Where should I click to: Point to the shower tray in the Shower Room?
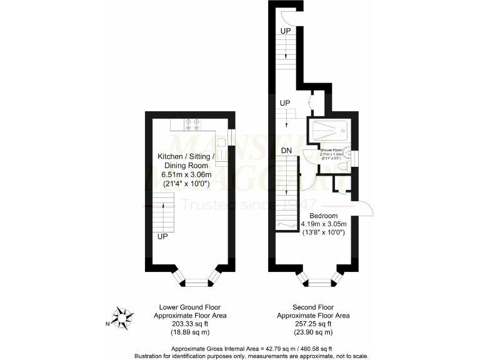click(x=329, y=131)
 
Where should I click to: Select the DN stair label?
click(x=287, y=151)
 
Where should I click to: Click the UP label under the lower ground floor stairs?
click(x=162, y=237)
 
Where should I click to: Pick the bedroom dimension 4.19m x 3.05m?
click(x=323, y=223)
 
